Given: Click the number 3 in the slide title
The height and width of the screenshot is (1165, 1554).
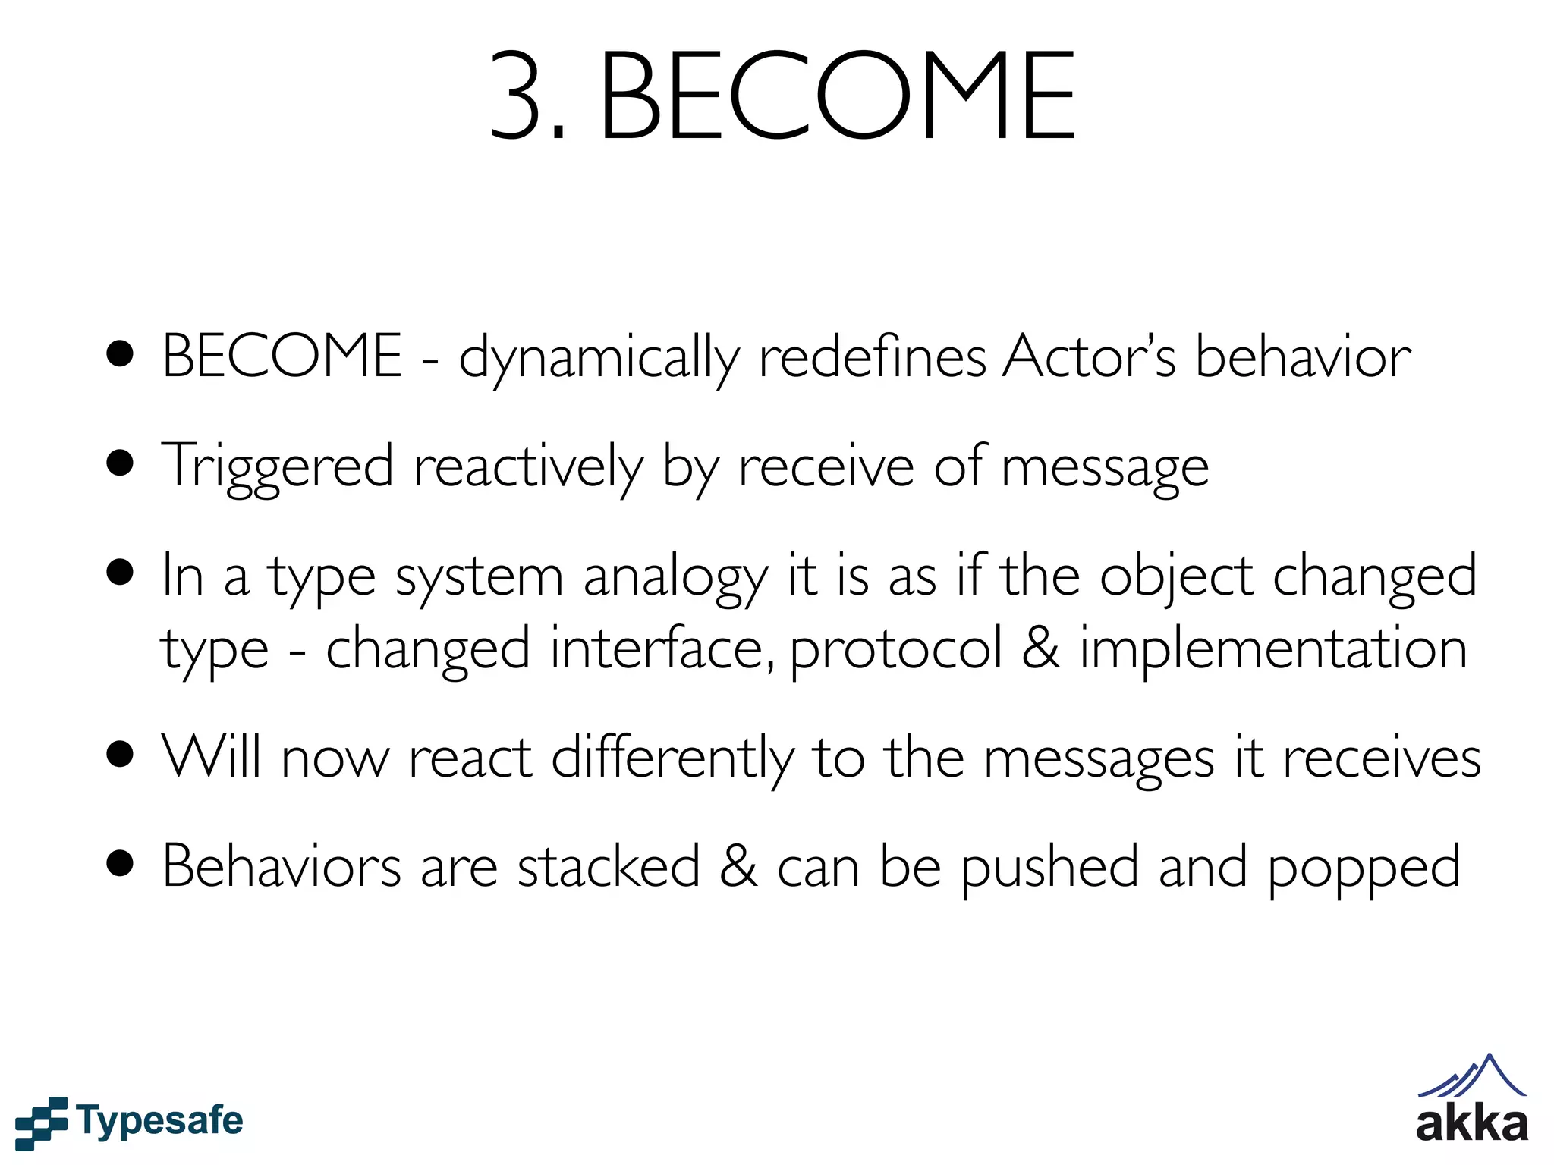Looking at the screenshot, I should pyautogui.click(x=518, y=96).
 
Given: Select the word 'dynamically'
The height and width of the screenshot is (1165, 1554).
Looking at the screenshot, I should pyautogui.click(x=599, y=358).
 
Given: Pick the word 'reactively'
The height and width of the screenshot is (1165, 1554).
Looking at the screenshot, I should pyautogui.click(x=528, y=468).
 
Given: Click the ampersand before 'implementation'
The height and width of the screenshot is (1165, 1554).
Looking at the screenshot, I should pyautogui.click(x=1041, y=649).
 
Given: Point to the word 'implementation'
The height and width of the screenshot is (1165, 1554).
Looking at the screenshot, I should pyautogui.click(x=1273, y=649).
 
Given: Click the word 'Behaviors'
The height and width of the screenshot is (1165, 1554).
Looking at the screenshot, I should pyautogui.click(x=282, y=866).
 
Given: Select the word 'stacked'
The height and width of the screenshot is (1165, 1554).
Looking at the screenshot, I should pyautogui.click(x=609, y=866).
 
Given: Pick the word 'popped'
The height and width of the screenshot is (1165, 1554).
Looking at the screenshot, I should pyautogui.click(x=1364, y=869).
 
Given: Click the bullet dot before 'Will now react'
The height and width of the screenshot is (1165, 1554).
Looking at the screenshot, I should pyautogui.click(x=121, y=755).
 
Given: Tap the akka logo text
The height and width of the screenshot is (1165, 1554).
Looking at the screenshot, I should pyautogui.click(x=1471, y=1124).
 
